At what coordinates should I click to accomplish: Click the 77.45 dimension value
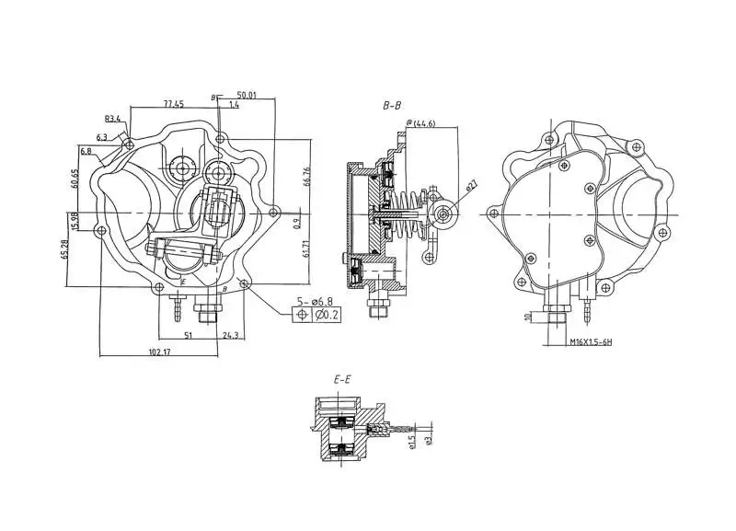tap(173, 103)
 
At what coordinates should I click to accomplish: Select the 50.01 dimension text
tap(247, 94)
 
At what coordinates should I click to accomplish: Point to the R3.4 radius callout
tap(113, 119)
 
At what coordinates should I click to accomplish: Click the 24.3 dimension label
tap(231, 336)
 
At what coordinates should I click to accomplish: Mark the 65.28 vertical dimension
tap(66, 250)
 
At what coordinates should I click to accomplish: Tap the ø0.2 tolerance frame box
tap(326, 316)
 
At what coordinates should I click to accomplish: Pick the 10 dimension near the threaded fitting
tap(526, 317)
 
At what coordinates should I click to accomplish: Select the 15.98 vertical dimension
tap(75, 222)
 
